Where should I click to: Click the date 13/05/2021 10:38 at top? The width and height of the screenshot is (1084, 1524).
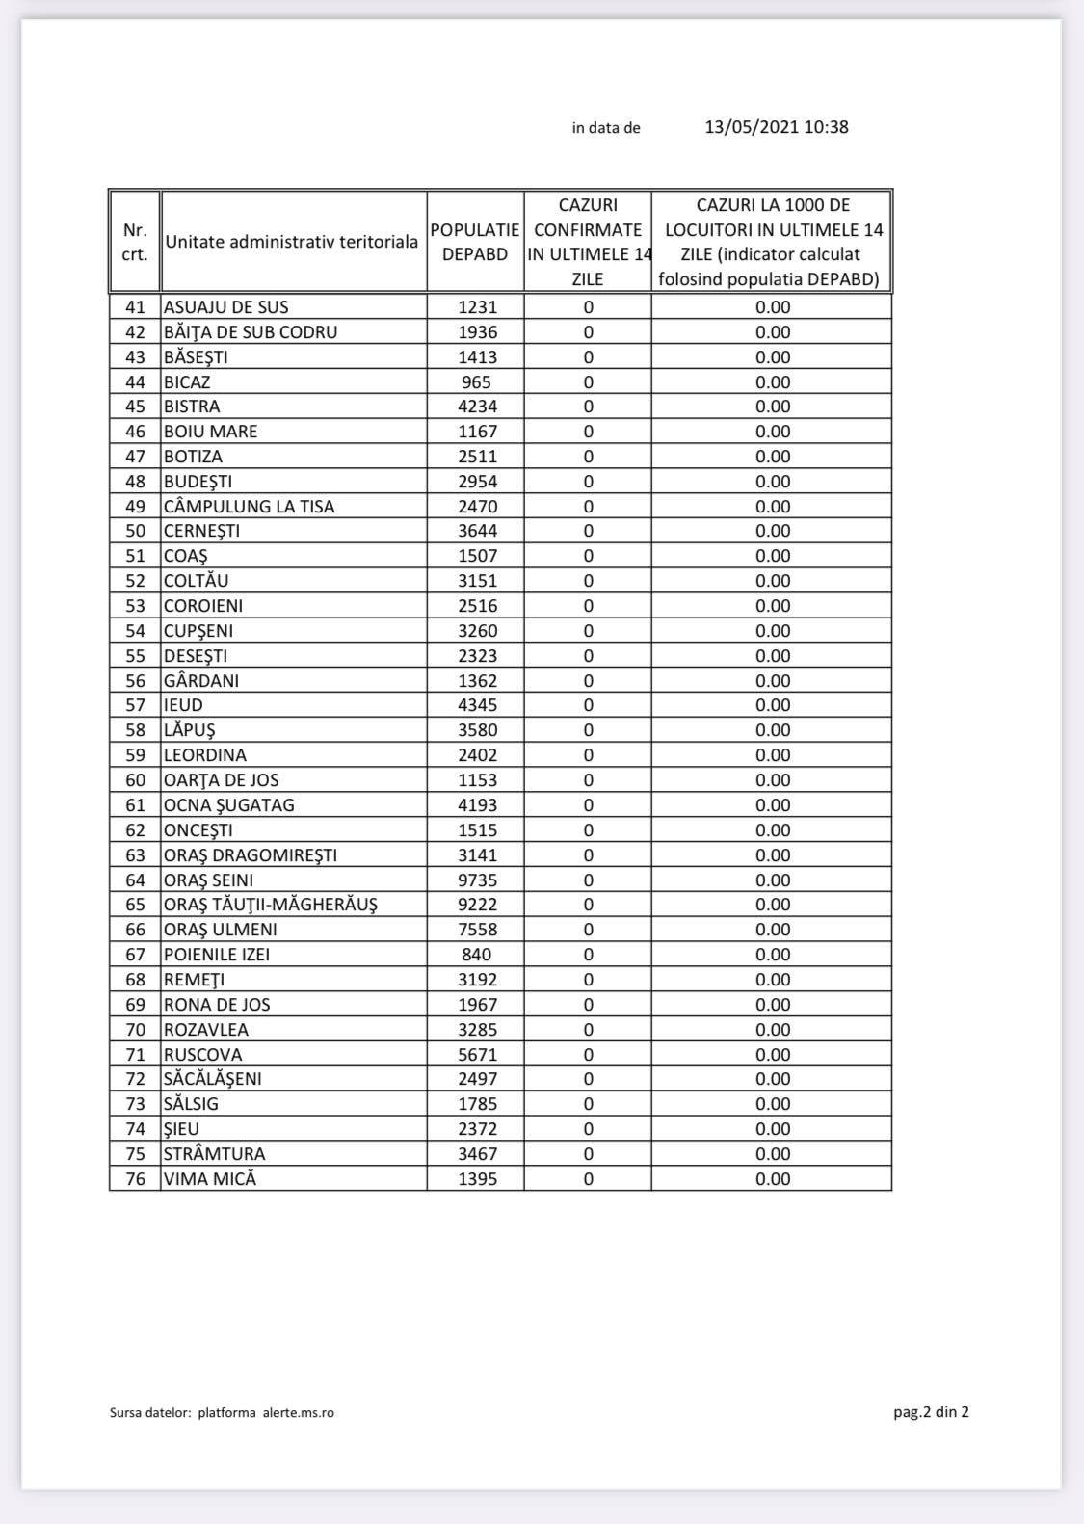point(776,127)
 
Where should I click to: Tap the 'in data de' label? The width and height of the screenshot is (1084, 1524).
point(606,128)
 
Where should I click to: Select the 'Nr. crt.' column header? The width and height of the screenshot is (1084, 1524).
point(135,242)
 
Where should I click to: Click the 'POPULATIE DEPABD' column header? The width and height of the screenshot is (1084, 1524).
point(475,242)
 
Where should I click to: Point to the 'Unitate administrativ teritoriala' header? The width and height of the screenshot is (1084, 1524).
point(292,242)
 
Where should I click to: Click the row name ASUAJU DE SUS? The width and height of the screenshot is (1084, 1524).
point(226,307)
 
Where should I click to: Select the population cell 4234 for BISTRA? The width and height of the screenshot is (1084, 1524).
point(477,407)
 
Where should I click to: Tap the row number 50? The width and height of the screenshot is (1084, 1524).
point(135,531)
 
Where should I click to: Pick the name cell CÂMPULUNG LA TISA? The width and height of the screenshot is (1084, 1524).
point(250,507)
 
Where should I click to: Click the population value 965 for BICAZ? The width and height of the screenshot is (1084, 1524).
point(477,382)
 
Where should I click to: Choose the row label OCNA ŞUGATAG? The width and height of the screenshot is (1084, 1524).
point(229,805)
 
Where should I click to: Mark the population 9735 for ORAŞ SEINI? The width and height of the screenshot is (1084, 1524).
point(477,880)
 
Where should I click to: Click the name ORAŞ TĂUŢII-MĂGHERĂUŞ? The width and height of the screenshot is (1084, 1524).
point(271,905)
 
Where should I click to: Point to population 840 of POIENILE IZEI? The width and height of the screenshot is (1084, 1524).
point(477,955)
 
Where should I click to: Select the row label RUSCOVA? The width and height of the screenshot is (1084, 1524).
point(203,1055)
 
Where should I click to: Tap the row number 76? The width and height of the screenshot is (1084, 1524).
point(135,1179)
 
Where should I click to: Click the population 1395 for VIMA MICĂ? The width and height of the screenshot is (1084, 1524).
point(477,1179)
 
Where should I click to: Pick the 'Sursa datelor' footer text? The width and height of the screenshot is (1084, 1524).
point(222,1413)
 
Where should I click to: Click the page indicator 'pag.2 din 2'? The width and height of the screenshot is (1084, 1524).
point(931,1412)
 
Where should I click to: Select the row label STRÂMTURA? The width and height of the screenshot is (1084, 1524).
point(215,1154)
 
